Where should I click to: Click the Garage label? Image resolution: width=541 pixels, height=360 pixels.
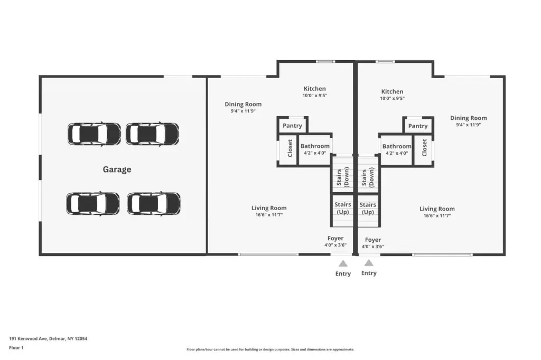point(117,169)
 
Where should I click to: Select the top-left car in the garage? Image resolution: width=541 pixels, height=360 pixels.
point(94,134)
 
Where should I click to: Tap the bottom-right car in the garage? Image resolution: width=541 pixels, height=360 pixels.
point(154,203)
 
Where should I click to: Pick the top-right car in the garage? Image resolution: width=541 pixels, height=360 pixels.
point(152,134)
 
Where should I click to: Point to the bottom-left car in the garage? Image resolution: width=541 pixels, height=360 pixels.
point(93,203)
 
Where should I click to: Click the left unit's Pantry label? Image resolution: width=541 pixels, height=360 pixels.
point(292,126)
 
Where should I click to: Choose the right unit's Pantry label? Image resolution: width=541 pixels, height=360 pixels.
point(418,126)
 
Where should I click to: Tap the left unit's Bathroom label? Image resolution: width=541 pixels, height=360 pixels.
point(315,146)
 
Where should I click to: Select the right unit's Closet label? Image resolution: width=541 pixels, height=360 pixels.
point(424,148)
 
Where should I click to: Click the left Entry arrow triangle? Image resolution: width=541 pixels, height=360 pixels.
point(343,264)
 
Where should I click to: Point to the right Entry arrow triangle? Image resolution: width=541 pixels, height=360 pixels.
point(369,263)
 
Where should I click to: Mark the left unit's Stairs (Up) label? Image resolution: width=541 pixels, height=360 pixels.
point(342,209)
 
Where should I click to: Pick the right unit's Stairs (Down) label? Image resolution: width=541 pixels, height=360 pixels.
point(368,177)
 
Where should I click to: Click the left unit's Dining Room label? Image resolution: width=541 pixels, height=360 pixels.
point(243,104)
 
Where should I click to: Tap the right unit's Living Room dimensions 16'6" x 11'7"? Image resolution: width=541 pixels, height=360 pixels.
point(437,216)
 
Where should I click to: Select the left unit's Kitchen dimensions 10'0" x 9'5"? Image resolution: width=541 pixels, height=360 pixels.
point(315,96)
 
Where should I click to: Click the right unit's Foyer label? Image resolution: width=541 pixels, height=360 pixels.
point(373,240)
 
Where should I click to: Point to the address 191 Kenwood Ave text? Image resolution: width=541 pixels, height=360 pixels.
point(28,338)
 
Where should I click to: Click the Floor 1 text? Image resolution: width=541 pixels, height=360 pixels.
point(16,347)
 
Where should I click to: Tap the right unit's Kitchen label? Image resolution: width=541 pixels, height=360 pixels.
point(393,92)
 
